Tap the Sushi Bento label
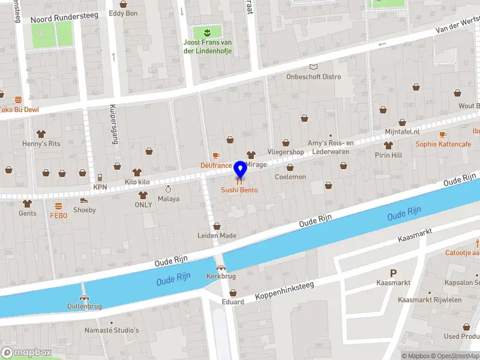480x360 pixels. click(x=239, y=190)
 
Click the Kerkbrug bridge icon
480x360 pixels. click(x=221, y=268)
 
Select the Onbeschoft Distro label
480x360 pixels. click(x=313, y=77)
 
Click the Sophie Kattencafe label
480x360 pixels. click(x=442, y=144)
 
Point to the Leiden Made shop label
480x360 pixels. click(x=217, y=235)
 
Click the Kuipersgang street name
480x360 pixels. click(x=113, y=125)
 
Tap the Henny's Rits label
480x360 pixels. click(x=41, y=144)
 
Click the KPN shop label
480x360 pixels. click(x=100, y=187)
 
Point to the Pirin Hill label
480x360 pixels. click(x=388, y=155)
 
